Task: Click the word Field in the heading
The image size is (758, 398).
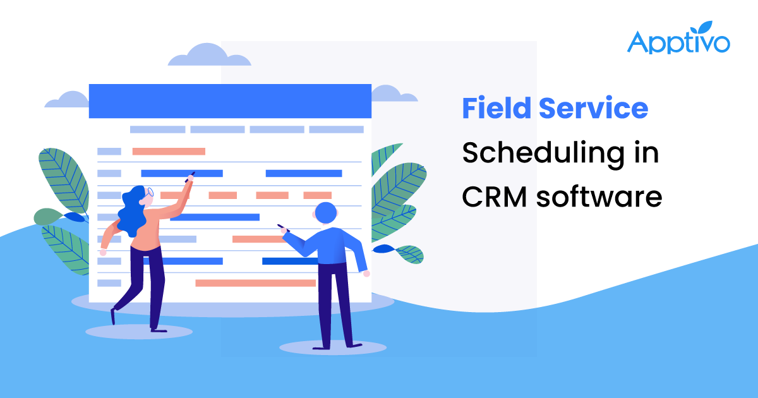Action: (496, 109)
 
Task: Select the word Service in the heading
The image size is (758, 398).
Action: (593, 109)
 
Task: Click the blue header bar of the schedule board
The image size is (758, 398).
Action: (229, 101)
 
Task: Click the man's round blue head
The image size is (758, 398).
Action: (327, 214)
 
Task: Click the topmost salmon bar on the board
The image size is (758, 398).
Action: (169, 152)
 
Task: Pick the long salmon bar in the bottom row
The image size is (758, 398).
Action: (255, 283)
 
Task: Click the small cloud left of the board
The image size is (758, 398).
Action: (67, 100)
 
